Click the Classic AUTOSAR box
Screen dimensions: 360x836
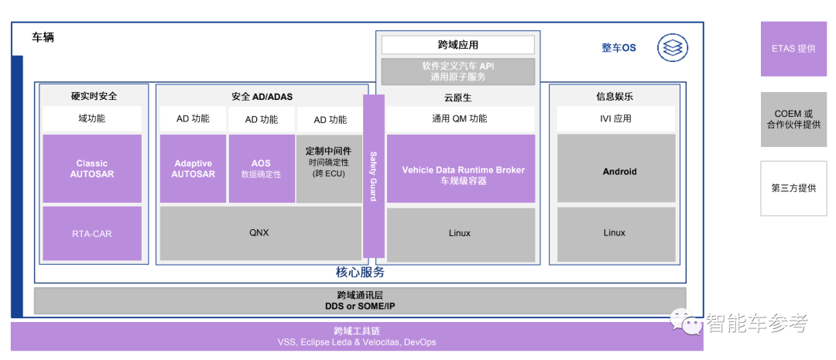point(92,169)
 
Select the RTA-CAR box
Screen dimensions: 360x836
point(92,232)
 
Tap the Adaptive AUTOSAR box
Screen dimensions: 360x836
point(193,169)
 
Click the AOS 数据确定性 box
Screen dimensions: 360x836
point(261,169)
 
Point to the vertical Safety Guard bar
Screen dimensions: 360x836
point(373,177)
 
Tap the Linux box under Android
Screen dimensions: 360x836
point(616,232)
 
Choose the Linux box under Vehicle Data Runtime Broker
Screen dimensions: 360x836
point(461,232)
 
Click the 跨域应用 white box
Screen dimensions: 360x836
point(457,45)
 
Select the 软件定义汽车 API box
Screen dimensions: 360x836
point(457,71)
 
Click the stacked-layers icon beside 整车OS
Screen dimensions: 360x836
point(672,48)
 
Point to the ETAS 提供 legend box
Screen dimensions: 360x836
point(793,49)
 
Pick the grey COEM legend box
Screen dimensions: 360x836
point(793,119)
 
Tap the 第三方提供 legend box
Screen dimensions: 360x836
point(793,187)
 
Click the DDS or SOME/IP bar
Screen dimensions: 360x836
point(360,300)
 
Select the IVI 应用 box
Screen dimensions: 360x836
point(616,119)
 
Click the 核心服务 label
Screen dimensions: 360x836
point(360,273)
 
